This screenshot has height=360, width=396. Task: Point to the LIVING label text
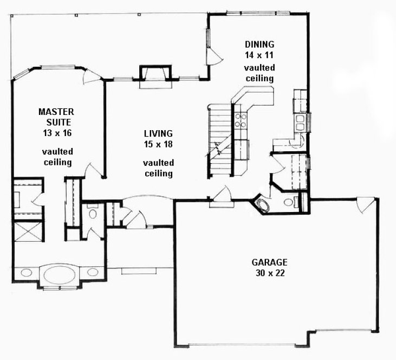tap(158, 133)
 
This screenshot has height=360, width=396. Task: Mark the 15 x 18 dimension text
tap(158, 144)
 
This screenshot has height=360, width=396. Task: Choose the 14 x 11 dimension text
tap(259, 55)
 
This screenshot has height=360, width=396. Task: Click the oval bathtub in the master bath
tap(60, 273)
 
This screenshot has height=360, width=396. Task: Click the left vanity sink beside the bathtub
tap(27, 272)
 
